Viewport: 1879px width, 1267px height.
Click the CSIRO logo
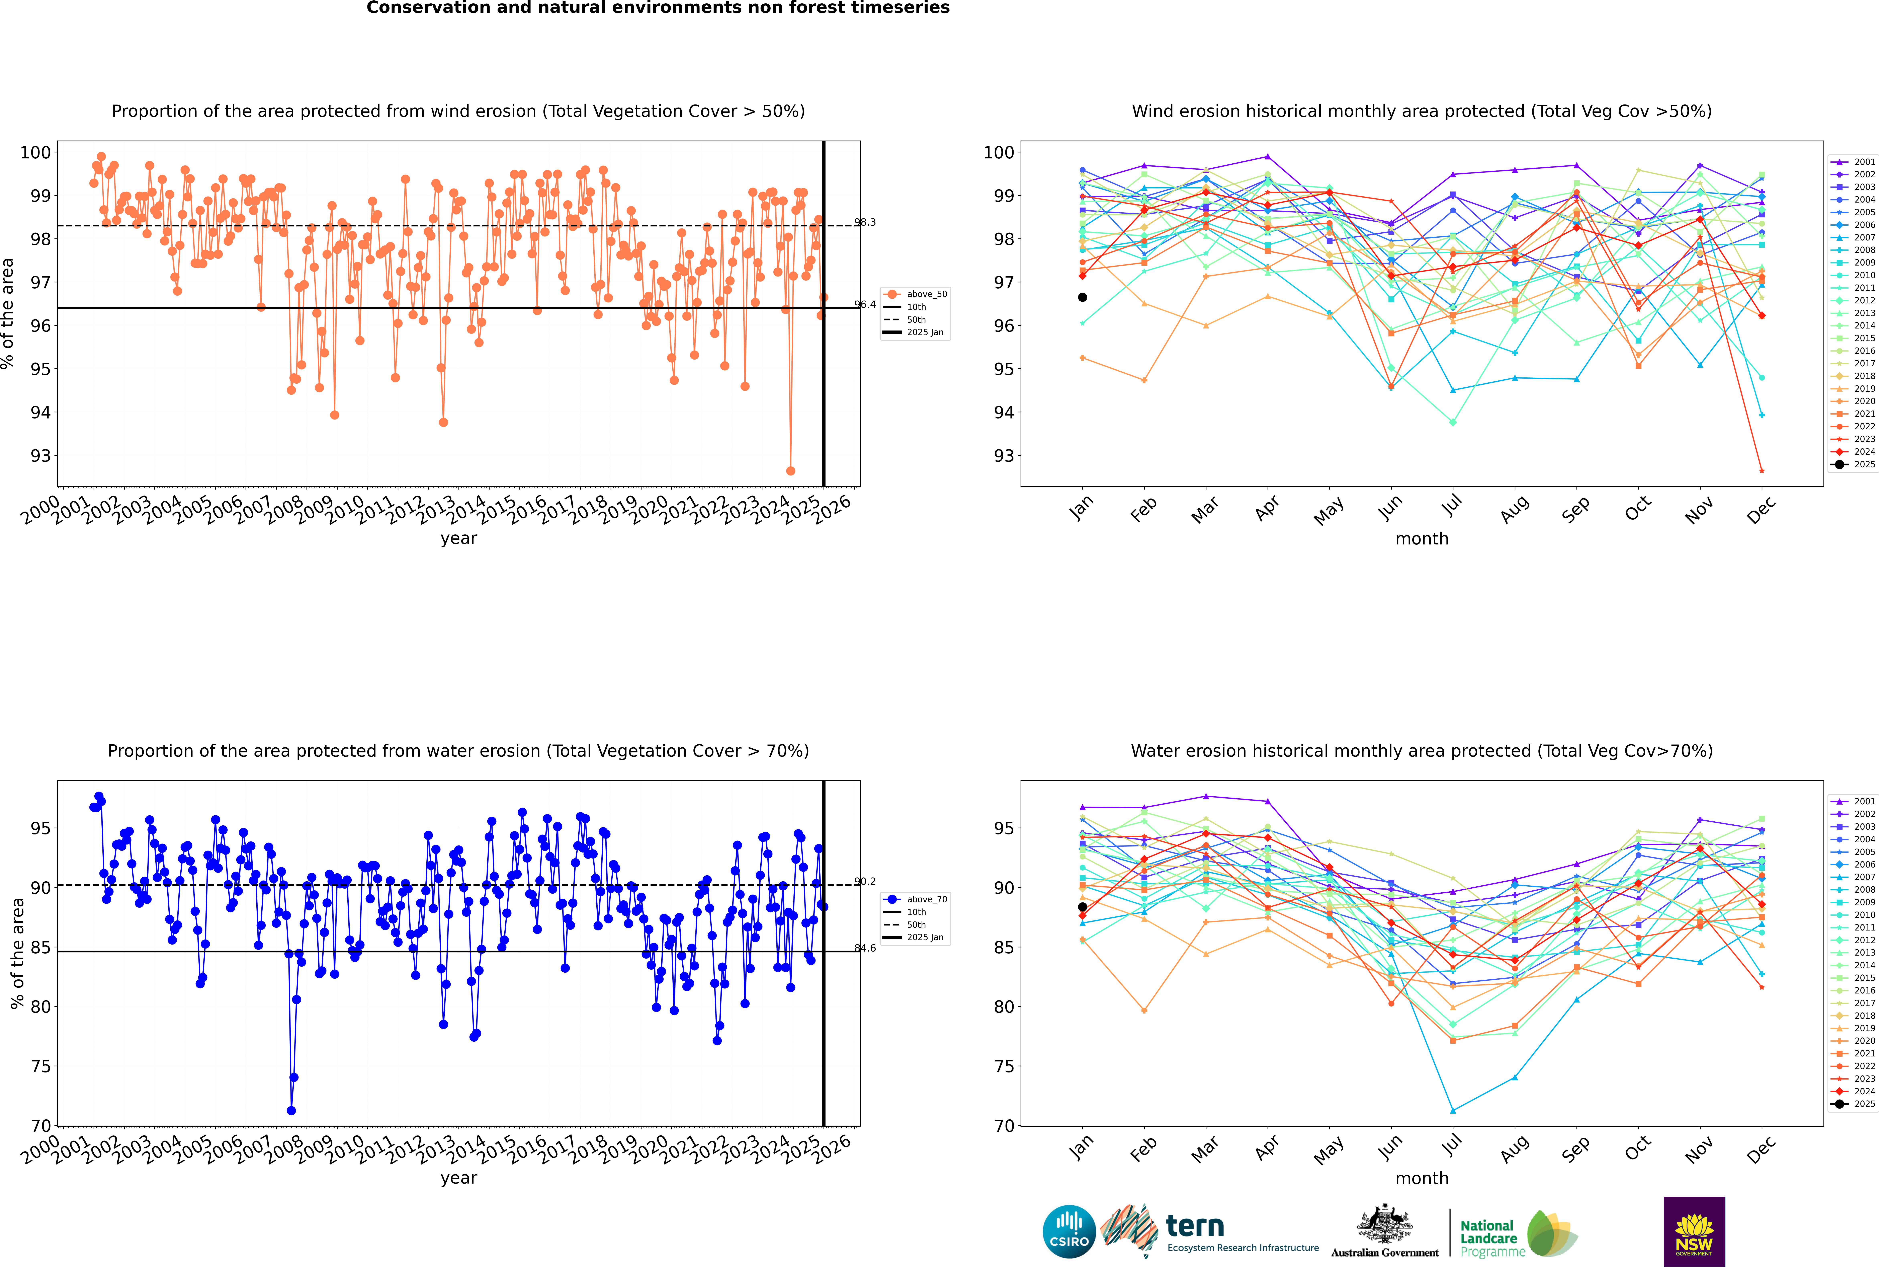coord(1069,1232)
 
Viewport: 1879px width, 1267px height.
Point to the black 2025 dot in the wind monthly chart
coord(1083,297)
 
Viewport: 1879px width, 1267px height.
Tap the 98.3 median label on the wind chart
coord(865,222)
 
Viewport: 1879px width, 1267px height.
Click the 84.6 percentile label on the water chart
coord(865,948)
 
